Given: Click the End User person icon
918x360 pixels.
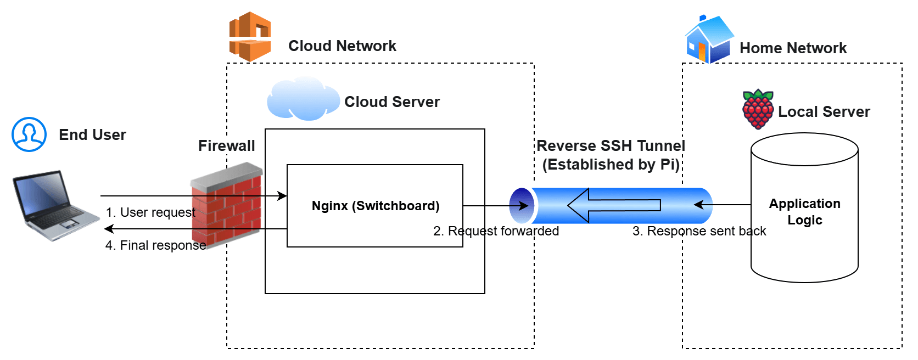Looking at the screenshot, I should [x=29, y=134].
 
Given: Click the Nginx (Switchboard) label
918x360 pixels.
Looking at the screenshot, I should [x=376, y=206].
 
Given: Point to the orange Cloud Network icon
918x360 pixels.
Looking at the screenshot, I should [x=250, y=37].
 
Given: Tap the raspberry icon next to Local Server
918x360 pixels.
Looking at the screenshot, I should [x=758, y=110].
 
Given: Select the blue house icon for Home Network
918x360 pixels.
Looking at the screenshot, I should [x=708, y=40].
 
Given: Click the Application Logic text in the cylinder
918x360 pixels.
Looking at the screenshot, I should [x=804, y=212].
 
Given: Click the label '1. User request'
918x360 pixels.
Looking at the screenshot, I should [x=150, y=212].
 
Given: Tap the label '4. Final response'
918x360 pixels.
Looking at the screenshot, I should [x=155, y=245].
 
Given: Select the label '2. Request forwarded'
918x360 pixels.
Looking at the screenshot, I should [x=496, y=231].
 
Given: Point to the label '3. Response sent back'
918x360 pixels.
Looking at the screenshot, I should [x=699, y=231].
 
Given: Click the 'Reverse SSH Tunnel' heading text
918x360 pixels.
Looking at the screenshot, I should [x=611, y=146].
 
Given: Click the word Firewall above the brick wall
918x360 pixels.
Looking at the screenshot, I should [x=226, y=146].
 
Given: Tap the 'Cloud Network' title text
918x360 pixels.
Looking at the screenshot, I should [x=342, y=46].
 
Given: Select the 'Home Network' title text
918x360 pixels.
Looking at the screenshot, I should [x=793, y=48].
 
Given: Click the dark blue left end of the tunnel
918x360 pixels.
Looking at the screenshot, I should [x=520, y=206].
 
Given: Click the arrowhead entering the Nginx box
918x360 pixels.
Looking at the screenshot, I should [x=283, y=196].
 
